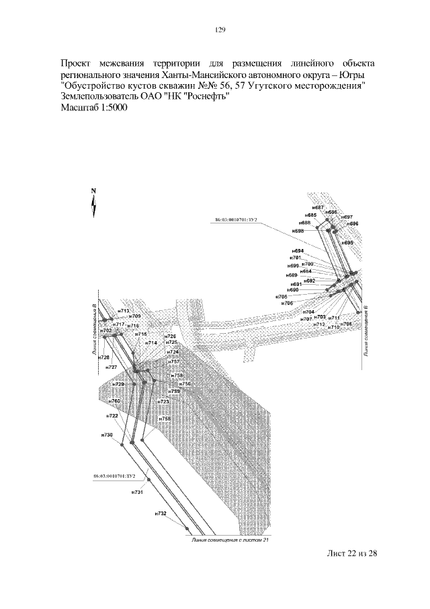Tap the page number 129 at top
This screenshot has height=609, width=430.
tap(219, 30)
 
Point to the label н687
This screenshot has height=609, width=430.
tap(318, 207)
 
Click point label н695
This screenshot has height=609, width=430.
tap(347, 242)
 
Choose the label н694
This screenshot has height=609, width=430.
tap(298, 251)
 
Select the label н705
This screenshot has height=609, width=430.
tap(282, 296)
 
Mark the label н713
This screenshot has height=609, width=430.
tap(124, 310)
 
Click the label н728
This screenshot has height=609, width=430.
tap(103, 357)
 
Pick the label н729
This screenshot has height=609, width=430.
tap(118, 384)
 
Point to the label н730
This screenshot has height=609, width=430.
tap(107, 435)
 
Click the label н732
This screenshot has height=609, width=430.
tap(160, 513)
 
